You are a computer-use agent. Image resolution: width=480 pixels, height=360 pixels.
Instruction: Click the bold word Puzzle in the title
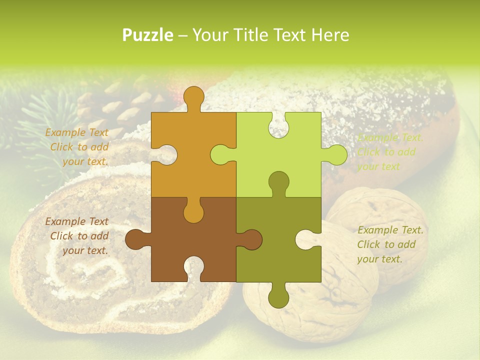(x=148, y=35)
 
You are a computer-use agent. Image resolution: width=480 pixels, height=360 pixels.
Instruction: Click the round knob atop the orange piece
(x=194, y=96)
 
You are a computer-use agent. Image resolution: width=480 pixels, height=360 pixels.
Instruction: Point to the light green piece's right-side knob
(x=336, y=155)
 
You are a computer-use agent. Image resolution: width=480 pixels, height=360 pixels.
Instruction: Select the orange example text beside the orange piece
(x=78, y=147)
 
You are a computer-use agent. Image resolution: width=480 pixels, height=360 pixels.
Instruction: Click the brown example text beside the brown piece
(x=78, y=236)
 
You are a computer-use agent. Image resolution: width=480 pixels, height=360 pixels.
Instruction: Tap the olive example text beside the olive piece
(x=389, y=244)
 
